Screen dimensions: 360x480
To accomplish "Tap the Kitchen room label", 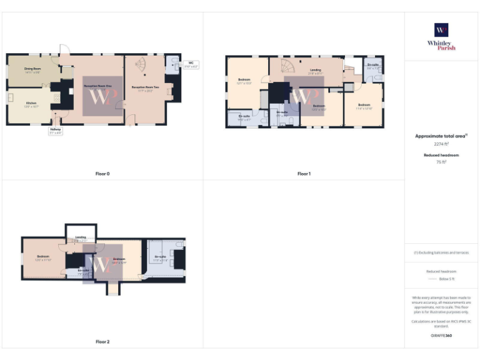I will coord(32,104).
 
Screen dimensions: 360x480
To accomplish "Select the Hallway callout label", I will coord(55,131).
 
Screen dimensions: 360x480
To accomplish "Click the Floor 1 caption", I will coord(304,173).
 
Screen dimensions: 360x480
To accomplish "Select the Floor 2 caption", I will coord(102,342).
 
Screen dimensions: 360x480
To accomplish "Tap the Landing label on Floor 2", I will coord(81,238).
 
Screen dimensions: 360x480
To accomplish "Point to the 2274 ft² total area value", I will coord(441,144).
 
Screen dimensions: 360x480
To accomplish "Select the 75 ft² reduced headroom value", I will coord(441,162).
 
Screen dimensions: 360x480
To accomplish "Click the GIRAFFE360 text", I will coord(441,336).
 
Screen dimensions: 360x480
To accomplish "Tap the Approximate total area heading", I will coord(441,136).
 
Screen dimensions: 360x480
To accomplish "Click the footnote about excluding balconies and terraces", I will coord(441,252).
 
